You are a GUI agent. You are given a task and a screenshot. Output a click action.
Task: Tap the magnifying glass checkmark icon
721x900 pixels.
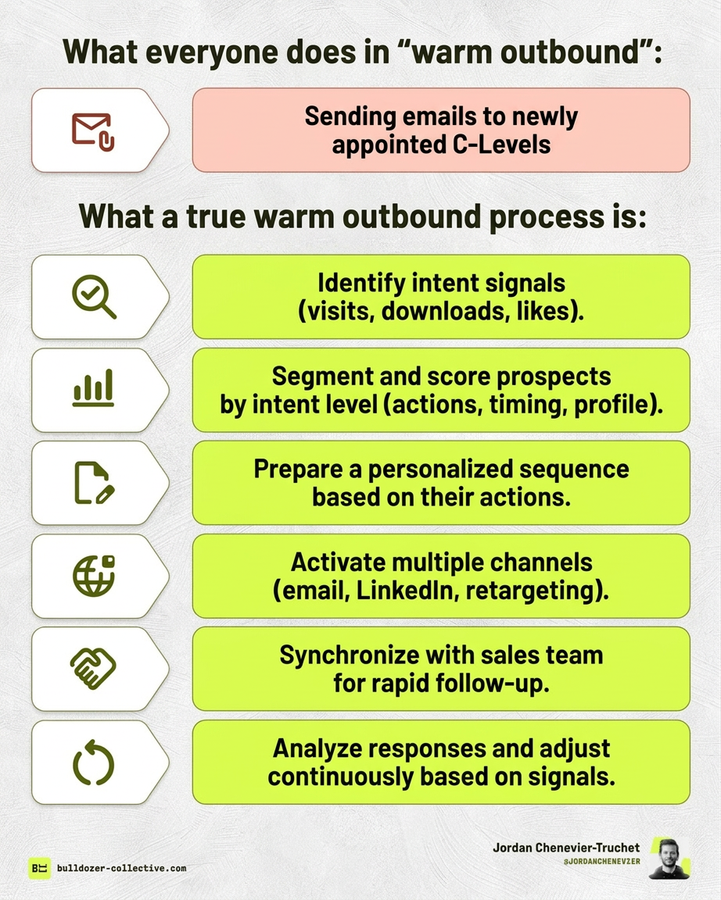tap(93, 297)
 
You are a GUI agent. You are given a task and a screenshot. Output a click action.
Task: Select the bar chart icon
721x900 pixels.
tap(93, 389)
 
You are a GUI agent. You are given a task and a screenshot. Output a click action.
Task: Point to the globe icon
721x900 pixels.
tap(93, 576)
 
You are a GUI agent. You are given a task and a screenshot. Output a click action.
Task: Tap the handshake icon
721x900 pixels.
tap(93, 669)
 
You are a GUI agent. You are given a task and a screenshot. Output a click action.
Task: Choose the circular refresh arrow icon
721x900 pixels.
tap(93, 762)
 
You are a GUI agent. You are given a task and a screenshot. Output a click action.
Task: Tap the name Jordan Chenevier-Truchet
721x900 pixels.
tap(567, 847)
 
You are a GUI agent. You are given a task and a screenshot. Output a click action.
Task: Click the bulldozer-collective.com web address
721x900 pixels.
tap(121, 868)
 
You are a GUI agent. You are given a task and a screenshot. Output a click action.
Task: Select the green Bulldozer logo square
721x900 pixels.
tap(39, 868)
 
